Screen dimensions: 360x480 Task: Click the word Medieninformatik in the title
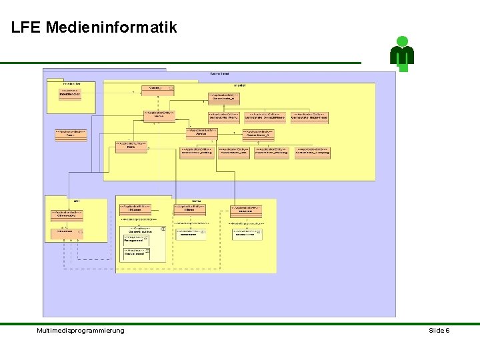pyautogui.click(x=112, y=27)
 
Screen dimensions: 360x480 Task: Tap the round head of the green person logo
pyautogui.click(x=402, y=41)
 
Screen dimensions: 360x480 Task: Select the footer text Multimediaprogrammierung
pyautogui.click(x=81, y=331)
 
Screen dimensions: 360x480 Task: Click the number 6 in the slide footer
pyautogui.click(x=447, y=331)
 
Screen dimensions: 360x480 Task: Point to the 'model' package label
pyautogui.click(x=240, y=85)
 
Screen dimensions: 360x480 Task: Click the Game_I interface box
pyautogui.click(x=158, y=88)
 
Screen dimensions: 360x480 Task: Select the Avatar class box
pyautogui.click(x=202, y=132)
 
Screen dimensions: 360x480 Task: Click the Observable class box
pyautogui.click(x=66, y=215)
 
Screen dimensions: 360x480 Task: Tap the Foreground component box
pyautogui.click(x=136, y=238)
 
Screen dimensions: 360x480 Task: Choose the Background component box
pyautogui.click(x=136, y=253)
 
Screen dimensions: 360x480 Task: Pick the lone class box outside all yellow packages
pyautogui.click(x=70, y=133)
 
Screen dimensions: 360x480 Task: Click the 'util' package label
pyautogui.click(x=77, y=200)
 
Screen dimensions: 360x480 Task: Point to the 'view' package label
pyautogui.click(x=197, y=200)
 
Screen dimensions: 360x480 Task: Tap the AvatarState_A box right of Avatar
pyautogui.click(x=258, y=132)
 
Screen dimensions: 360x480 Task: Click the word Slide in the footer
pyautogui.click(x=436, y=331)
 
